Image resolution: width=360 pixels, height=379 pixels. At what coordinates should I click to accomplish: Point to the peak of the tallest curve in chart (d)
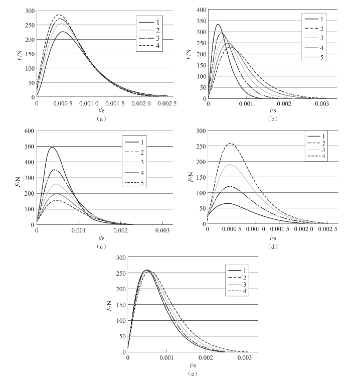tap(230, 143)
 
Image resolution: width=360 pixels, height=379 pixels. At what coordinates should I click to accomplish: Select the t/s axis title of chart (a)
tap(102, 110)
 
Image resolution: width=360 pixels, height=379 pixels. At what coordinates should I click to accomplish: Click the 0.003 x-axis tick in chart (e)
tap(245, 358)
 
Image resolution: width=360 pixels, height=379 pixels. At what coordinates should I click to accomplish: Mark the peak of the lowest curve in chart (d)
tap(228, 203)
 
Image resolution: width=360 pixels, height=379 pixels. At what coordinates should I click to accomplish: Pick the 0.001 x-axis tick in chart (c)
tap(78, 230)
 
